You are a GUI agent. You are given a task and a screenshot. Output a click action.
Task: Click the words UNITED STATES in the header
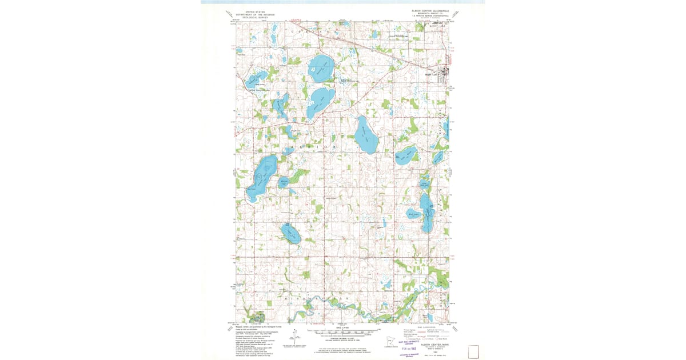pos(255,11)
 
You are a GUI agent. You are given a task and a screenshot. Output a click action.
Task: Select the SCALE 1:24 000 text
pos(342,329)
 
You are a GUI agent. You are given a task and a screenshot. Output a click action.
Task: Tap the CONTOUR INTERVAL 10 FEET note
pos(342,338)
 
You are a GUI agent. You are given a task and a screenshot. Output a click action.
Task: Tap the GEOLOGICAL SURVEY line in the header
pos(255,17)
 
